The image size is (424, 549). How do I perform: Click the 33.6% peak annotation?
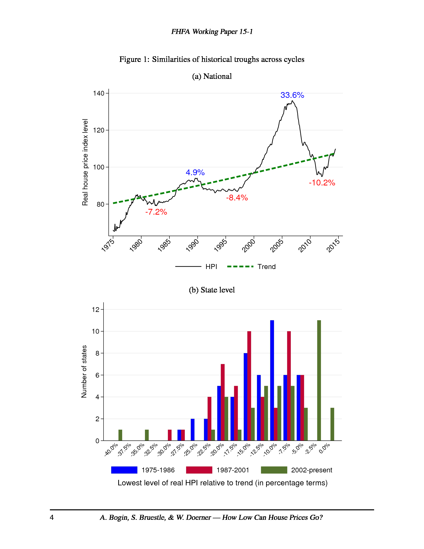click(292, 95)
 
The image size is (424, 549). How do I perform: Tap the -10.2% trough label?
click(322, 183)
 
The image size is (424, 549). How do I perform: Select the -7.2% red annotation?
click(156, 212)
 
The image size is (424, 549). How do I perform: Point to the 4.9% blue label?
click(195, 172)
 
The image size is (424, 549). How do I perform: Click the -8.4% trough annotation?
click(237, 198)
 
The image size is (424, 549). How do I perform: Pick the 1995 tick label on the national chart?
click(220, 245)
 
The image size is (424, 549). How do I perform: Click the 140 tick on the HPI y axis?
click(99, 93)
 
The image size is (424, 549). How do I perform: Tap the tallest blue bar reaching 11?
click(272, 380)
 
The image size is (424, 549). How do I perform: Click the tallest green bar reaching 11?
click(319, 380)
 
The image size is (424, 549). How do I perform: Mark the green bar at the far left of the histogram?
click(120, 435)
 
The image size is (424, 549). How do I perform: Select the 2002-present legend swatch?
click(274, 470)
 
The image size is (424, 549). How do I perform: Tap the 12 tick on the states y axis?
click(96, 309)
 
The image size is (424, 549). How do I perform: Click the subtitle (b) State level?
click(212, 290)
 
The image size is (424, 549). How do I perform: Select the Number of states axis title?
click(84, 371)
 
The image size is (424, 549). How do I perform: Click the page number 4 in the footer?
click(52, 517)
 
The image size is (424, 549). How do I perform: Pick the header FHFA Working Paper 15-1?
click(212, 32)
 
